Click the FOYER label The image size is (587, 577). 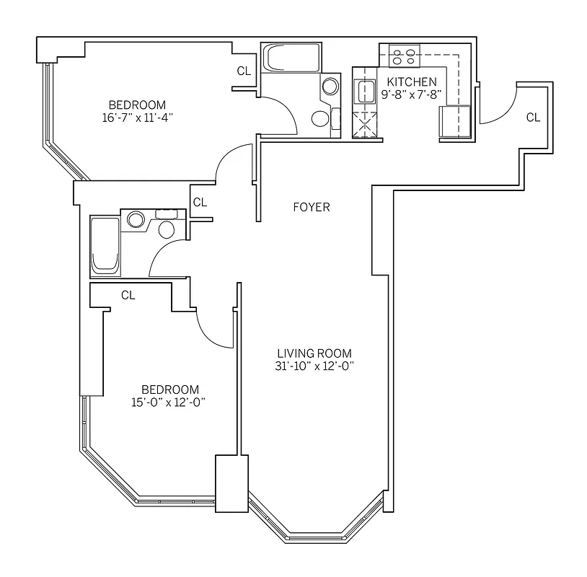point(312,207)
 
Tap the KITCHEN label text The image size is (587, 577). point(412,82)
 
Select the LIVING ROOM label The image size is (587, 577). point(314,353)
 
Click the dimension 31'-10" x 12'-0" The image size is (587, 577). point(314,366)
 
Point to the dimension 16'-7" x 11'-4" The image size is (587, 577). point(137,117)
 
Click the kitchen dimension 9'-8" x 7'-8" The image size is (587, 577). point(412,94)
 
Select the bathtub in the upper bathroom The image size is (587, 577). point(287,58)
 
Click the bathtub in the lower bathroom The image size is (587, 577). point(105,246)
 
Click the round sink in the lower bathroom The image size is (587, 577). point(135,219)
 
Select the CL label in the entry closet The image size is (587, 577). point(533,117)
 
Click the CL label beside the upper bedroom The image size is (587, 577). point(244,71)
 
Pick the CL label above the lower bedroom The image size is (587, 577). point(128,294)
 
